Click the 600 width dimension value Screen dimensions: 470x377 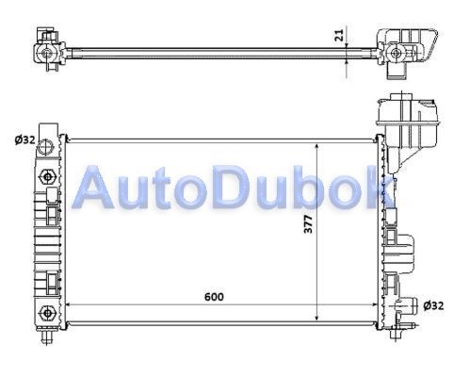(214, 297)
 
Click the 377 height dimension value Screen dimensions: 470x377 (309, 224)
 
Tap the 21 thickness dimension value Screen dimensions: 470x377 (339, 35)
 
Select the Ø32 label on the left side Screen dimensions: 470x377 (24, 139)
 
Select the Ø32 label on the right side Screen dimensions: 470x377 (433, 305)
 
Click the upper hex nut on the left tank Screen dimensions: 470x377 (47, 177)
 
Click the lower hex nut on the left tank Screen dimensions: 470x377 (47, 313)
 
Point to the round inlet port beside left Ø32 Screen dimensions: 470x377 (44, 146)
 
